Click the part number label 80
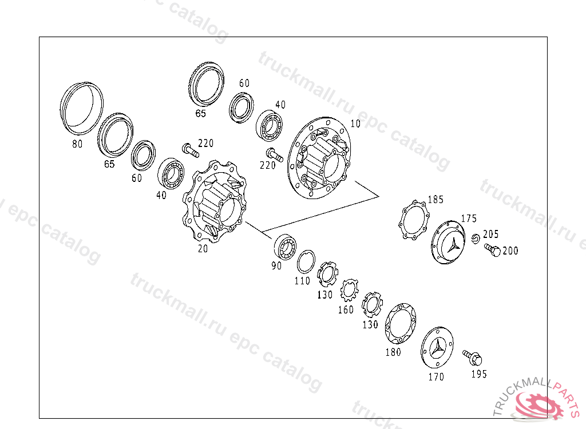click(77, 144)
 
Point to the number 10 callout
click(355, 124)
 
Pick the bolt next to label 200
click(492, 249)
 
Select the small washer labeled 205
click(476, 239)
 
